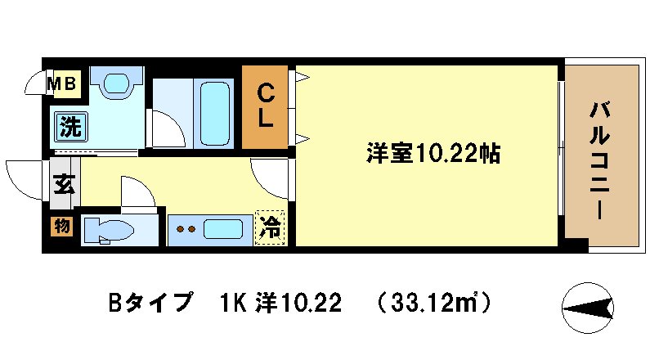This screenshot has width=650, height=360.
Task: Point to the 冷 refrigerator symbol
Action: (x=269, y=227)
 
